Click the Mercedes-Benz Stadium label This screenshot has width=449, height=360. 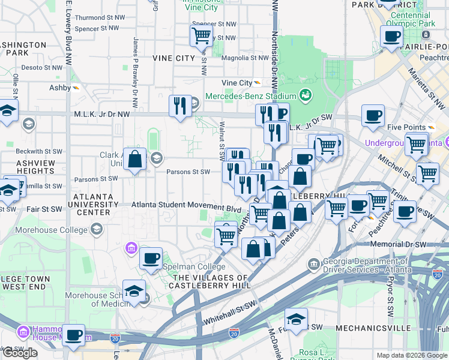(x=251, y=96)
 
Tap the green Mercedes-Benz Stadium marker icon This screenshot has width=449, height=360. (x=306, y=95)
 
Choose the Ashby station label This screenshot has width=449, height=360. (x=60, y=88)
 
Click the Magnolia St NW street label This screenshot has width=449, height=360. (x=245, y=58)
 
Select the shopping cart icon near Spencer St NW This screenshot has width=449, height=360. (x=200, y=35)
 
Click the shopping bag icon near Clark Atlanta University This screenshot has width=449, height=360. (x=135, y=160)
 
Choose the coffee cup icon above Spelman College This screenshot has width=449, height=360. (x=151, y=258)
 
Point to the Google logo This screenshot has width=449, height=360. (x=20, y=353)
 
